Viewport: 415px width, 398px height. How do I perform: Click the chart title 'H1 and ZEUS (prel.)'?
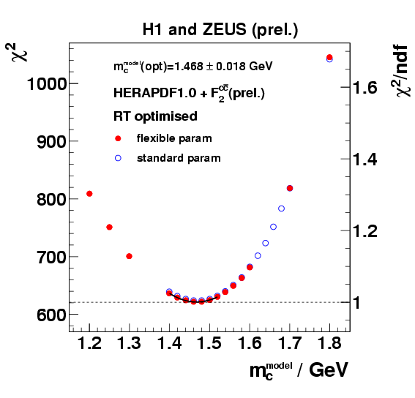pos(220,29)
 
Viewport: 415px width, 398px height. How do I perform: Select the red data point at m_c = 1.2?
pos(89,193)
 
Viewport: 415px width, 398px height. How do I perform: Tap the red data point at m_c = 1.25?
pos(109,227)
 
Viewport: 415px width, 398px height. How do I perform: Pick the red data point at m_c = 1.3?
pos(130,256)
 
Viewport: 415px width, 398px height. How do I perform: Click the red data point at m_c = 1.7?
pos(290,188)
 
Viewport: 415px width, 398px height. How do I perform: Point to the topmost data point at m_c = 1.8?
pos(329,57)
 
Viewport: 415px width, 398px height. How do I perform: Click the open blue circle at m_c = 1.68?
pos(281,209)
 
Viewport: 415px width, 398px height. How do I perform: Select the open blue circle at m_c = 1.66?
pos(273,227)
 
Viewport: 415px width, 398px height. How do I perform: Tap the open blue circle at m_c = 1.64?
pos(265,243)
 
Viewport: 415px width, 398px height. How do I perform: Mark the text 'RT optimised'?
pos(155,116)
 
